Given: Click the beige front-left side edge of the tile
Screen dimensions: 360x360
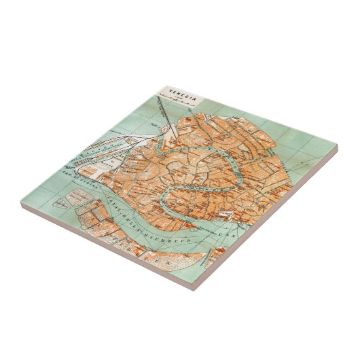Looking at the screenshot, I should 102,245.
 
